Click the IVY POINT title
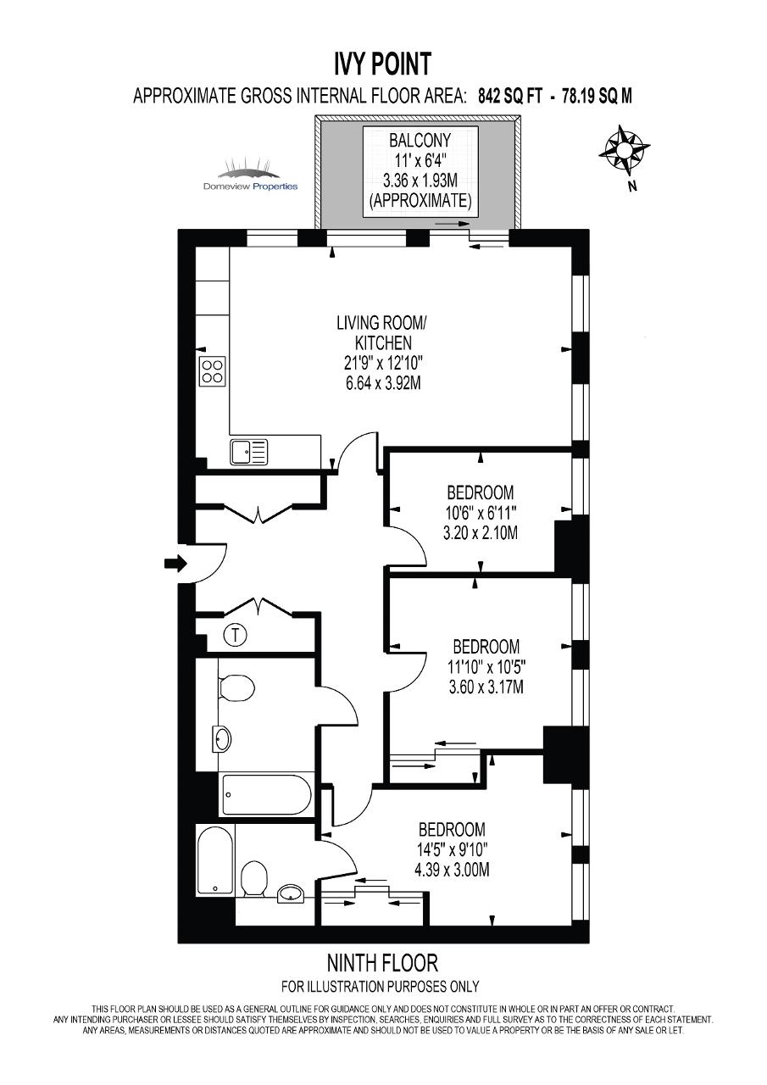(382, 64)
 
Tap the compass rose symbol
(624, 150)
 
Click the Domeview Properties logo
(250, 175)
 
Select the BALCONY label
(420, 141)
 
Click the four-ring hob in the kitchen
(213, 371)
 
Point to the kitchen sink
(249, 452)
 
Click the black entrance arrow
(175, 563)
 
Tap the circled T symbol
(236, 635)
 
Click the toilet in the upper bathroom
(236, 687)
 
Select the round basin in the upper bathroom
(222, 739)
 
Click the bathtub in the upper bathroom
(266, 795)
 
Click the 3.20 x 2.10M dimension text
(481, 533)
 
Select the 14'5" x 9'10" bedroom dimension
(452, 850)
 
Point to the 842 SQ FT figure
(510, 96)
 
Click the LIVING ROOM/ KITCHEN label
(383, 333)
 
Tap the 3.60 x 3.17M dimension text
(486, 687)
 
